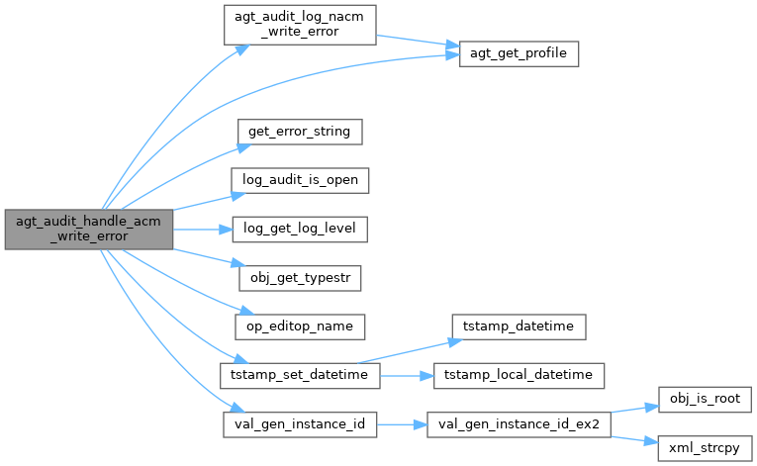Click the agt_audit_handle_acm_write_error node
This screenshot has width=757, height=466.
click(x=89, y=230)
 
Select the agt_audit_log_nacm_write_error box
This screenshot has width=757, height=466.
click(x=300, y=25)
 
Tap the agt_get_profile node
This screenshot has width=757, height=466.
click(x=519, y=53)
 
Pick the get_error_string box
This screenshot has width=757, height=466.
click(x=300, y=132)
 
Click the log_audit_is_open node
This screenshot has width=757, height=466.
click(x=300, y=180)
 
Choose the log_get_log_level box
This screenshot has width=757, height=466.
click(x=300, y=230)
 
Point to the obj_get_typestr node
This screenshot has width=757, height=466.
click(x=300, y=278)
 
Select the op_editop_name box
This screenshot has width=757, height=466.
click(x=300, y=326)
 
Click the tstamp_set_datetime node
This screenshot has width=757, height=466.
click(x=300, y=376)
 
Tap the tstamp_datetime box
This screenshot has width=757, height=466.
click(x=519, y=326)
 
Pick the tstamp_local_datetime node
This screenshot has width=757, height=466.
click(x=519, y=376)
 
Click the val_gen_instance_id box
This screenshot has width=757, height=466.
click(x=300, y=425)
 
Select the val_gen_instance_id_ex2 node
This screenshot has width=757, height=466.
click(x=519, y=425)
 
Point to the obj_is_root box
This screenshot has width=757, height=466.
click(x=705, y=400)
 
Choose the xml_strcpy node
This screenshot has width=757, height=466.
click(x=705, y=448)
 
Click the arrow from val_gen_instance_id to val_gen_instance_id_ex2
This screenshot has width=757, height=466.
click(x=402, y=425)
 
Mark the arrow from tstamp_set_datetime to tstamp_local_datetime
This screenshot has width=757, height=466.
click(x=407, y=376)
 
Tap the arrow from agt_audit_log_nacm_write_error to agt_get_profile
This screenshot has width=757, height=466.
click(x=418, y=41)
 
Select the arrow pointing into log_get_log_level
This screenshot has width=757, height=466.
click(x=203, y=230)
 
